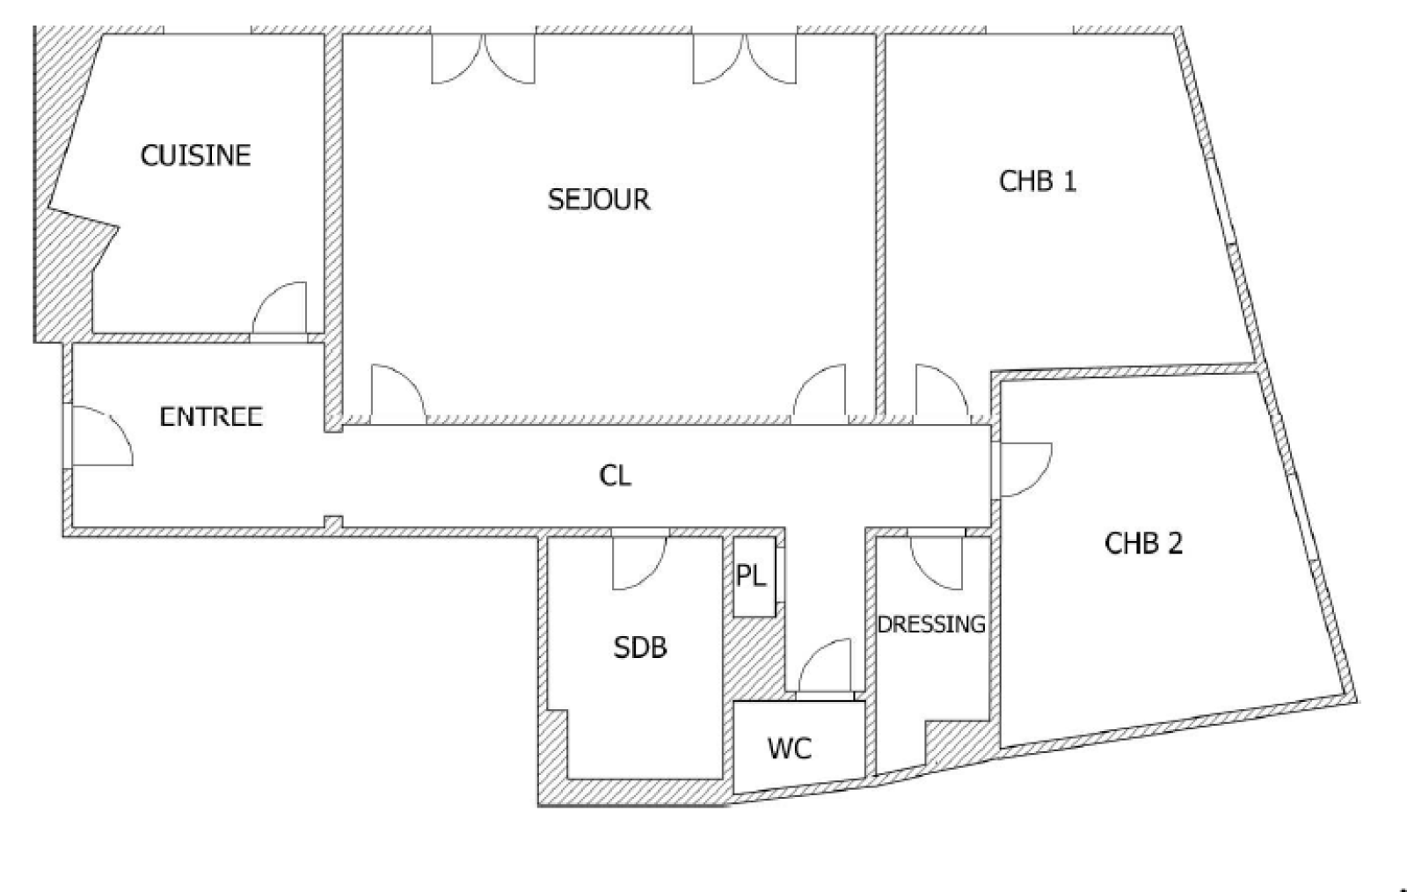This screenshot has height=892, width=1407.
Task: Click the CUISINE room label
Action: tap(195, 156)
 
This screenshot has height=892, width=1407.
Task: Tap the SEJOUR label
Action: tap(599, 200)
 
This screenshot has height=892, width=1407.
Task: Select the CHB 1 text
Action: tap(1037, 181)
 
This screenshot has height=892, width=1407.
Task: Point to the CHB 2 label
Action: tap(1143, 544)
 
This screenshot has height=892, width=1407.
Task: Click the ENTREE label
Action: tap(210, 416)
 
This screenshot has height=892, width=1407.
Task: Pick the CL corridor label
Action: tap(615, 476)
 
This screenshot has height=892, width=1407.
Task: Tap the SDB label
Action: tap(640, 647)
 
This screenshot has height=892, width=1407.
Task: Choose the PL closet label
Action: tap(751, 575)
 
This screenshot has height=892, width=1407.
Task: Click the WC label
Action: tap(790, 748)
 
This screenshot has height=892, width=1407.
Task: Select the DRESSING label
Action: tap(931, 625)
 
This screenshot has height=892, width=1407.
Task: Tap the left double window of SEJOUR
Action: tap(483, 58)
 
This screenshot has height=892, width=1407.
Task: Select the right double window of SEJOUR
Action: tap(744, 58)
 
